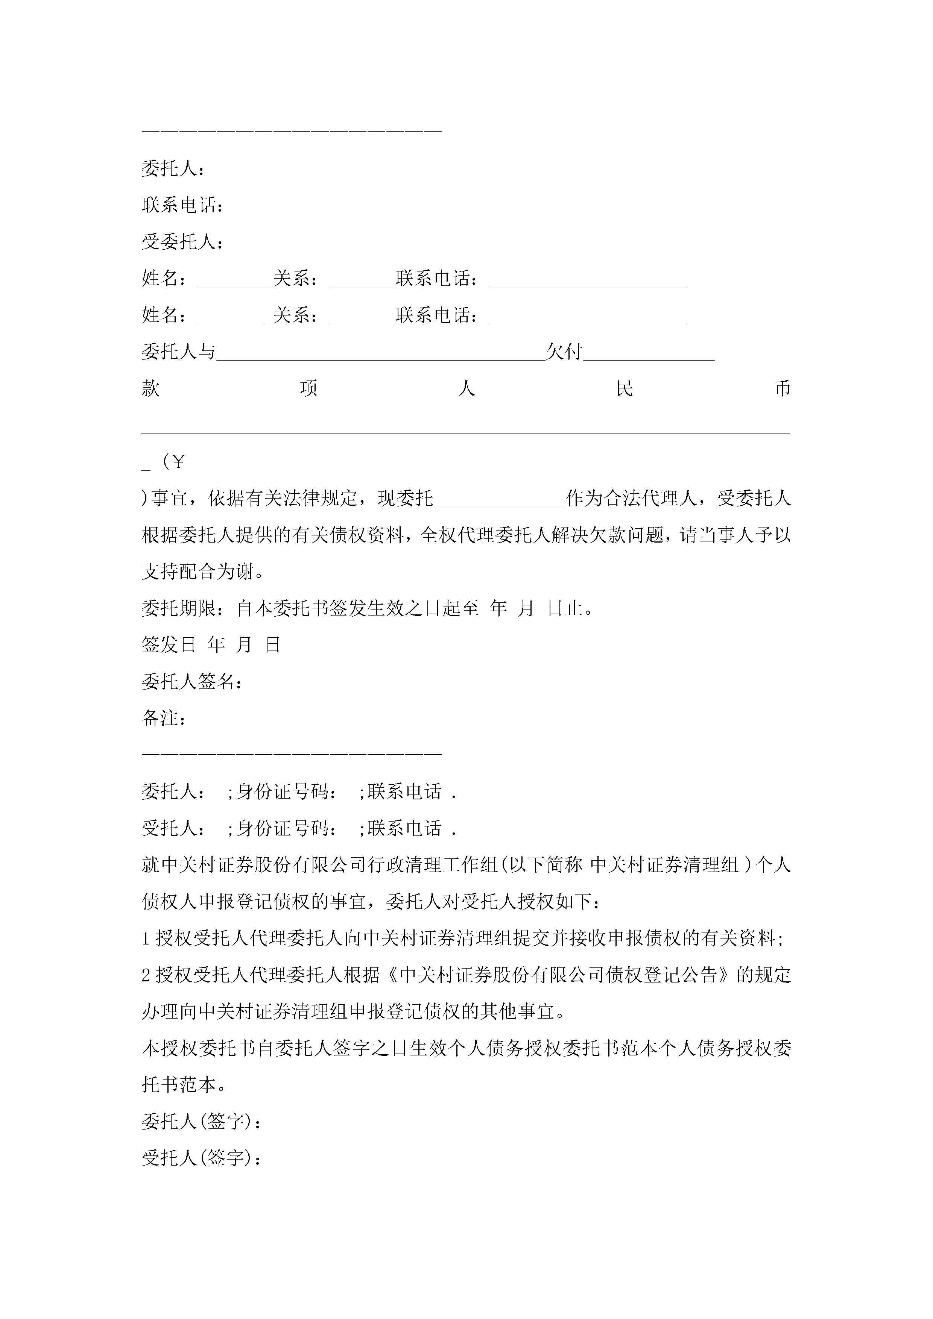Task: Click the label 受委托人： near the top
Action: click(x=182, y=242)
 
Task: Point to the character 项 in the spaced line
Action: click(x=309, y=389)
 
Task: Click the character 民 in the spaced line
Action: click(x=624, y=389)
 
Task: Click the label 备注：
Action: click(x=164, y=718)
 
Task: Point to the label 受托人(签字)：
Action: click(x=202, y=1158)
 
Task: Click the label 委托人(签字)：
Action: click(x=202, y=1121)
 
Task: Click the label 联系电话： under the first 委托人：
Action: click(x=182, y=205)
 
